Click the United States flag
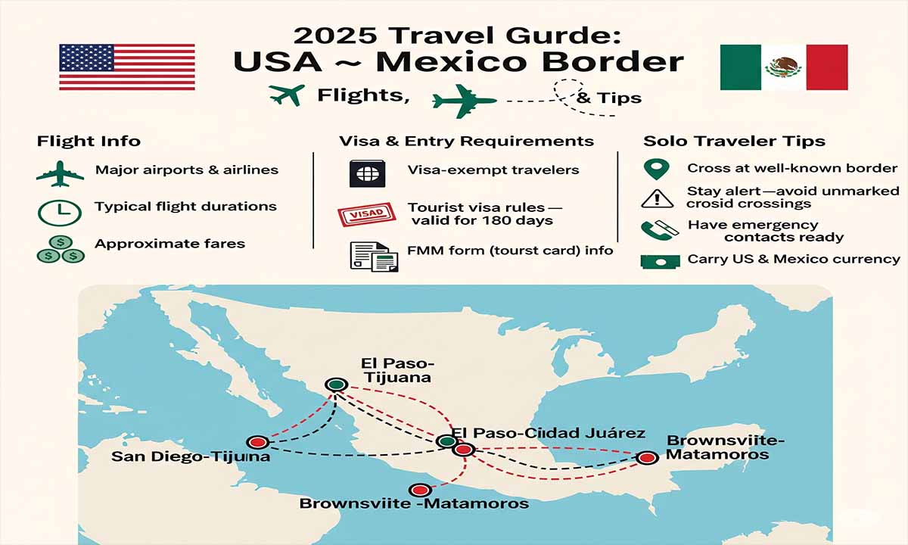pyautogui.click(x=126, y=67)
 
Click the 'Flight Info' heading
pyautogui.click(x=89, y=142)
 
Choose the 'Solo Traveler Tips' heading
pyautogui.click(x=734, y=142)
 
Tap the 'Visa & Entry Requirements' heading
pyautogui.click(x=466, y=142)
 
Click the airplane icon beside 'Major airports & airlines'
pyautogui.click(x=60, y=173)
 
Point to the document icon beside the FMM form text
pyautogui.click(x=368, y=256)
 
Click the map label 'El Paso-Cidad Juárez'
pyautogui.click(x=548, y=434)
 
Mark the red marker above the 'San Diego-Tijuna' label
pyautogui.click(x=258, y=441)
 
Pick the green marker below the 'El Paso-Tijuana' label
pyautogui.click(x=334, y=385)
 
